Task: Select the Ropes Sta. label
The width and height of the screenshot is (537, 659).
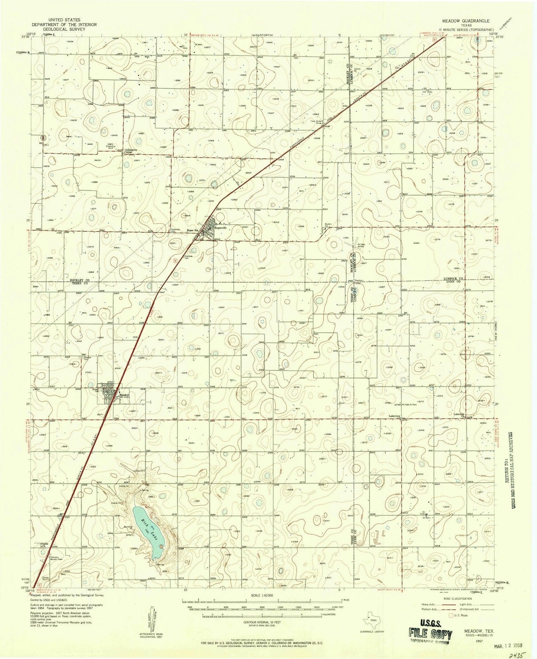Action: (193, 230)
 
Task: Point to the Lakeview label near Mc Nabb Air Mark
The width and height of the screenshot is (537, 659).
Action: (395, 416)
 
